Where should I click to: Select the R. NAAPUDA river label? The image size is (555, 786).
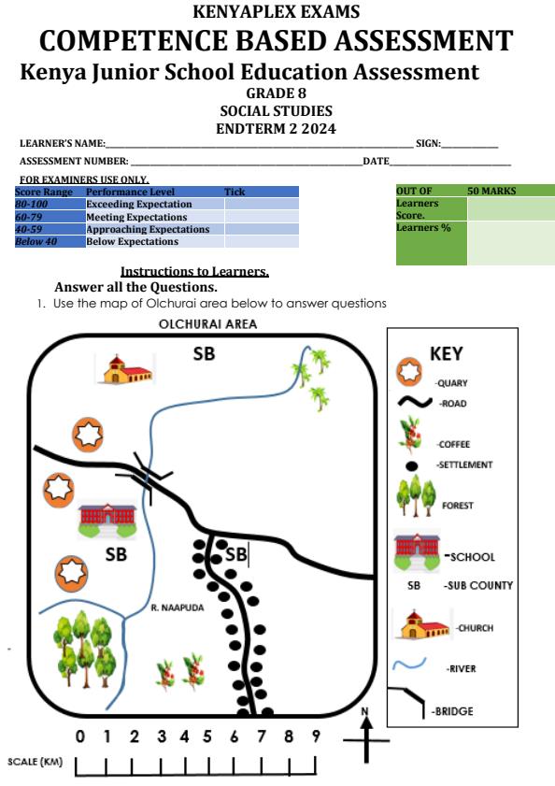178,607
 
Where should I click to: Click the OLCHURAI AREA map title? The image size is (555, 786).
207,323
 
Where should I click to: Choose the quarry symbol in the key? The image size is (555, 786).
409,371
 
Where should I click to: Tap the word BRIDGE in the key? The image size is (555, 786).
454,711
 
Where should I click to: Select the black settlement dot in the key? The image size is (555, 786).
411,466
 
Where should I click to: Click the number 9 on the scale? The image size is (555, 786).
316,736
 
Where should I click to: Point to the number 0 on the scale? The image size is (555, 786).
79,736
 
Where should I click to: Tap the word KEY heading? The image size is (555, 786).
447,354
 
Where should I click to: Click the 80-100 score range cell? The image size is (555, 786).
50,204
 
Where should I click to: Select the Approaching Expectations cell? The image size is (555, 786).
155,229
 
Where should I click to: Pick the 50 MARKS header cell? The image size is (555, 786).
511,191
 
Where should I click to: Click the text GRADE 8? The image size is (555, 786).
277,93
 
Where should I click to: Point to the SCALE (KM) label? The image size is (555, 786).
36,762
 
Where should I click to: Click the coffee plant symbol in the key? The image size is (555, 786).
412,434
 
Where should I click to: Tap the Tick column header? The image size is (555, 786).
235,192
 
